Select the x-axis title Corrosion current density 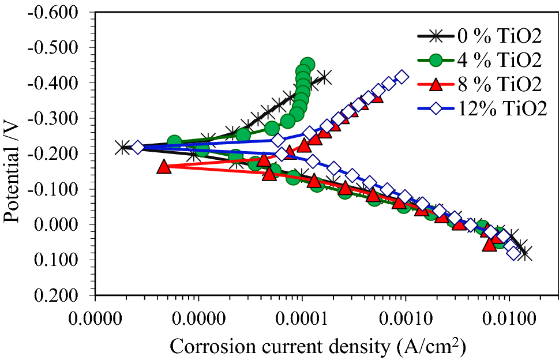click(317, 346)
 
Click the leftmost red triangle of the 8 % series click(164, 167)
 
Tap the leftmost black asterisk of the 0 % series click(122, 148)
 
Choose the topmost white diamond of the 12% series click(402, 77)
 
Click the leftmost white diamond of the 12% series click(137, 148)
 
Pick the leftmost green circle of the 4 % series click(174, 141)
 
